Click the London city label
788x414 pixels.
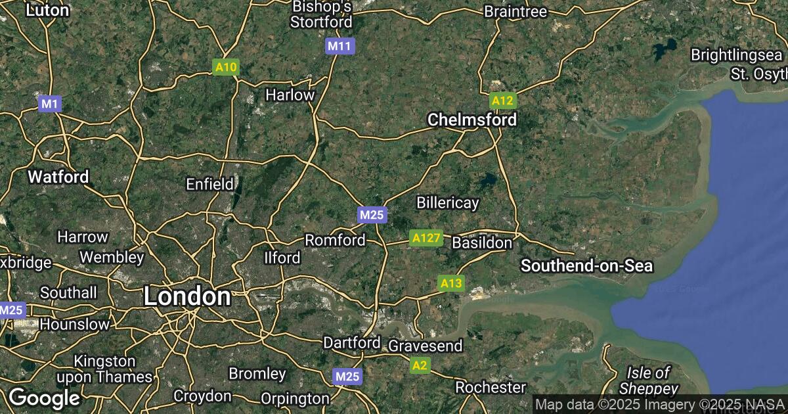click(187, 296)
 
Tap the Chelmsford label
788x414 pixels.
click(471, 120)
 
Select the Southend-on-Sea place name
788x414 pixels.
click(587, 265)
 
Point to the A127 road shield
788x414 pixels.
click(425, 238)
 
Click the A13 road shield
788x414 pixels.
click(450, 283)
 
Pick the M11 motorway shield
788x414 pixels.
click(339, 46)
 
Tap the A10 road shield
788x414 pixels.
click(227, 67)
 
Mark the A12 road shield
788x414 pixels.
click(502, 101)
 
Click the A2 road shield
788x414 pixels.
click(420, 365)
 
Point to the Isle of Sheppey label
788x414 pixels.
click(647, 380)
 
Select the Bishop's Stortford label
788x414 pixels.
click(322, 14)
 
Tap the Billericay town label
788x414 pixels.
click(448, 202)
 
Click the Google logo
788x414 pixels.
click(44, 398)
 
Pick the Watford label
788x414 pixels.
click(58, 177)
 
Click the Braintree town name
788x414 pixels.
click(515, 12)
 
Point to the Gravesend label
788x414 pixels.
click(426, 346)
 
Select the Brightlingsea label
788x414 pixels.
click(738, 55)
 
